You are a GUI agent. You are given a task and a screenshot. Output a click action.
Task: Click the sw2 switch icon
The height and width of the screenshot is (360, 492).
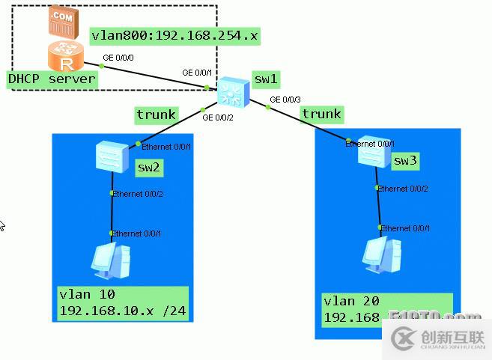pos(113,154)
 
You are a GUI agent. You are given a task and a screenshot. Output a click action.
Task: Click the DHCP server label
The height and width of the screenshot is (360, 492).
pos(52,79)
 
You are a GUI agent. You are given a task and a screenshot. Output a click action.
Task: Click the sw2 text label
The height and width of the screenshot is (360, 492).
pos(148,168)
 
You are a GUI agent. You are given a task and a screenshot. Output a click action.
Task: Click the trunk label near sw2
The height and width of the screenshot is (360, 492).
pos(156,115)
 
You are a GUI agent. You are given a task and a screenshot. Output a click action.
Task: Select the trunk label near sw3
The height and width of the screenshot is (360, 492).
pos(321,114)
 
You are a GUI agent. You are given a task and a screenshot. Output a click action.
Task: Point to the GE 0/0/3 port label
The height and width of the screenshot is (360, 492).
pos(285,99)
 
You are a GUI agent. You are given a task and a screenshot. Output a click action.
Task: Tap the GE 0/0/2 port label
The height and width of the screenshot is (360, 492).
pos(216,118)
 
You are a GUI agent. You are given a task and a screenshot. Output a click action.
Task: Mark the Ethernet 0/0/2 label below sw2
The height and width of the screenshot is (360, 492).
pos(137,194)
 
